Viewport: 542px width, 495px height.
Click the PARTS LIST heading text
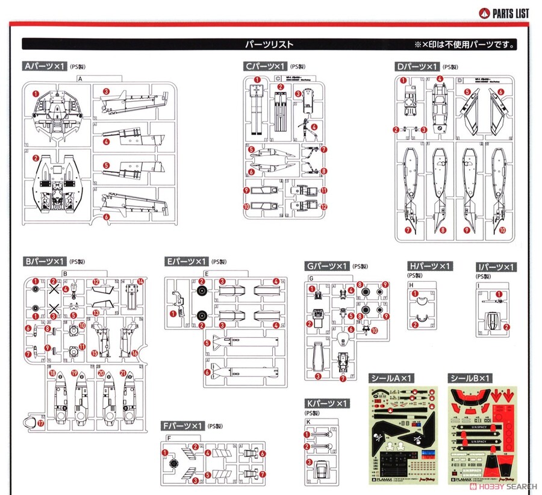click(511, 13)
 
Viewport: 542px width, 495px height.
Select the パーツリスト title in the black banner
click(269, 45)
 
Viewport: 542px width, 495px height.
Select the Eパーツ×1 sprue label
click(185, 261)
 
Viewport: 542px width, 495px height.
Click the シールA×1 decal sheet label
click(390, 378)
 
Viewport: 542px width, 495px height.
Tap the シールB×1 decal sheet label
click(470, 378)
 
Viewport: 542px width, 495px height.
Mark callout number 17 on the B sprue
click(41, 423)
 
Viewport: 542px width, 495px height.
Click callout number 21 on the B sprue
click(122, 373)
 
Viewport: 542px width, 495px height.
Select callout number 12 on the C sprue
click(324, 207)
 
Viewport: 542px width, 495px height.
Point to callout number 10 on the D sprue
click(502, 231)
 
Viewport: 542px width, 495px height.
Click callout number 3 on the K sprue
click(310, 462)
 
